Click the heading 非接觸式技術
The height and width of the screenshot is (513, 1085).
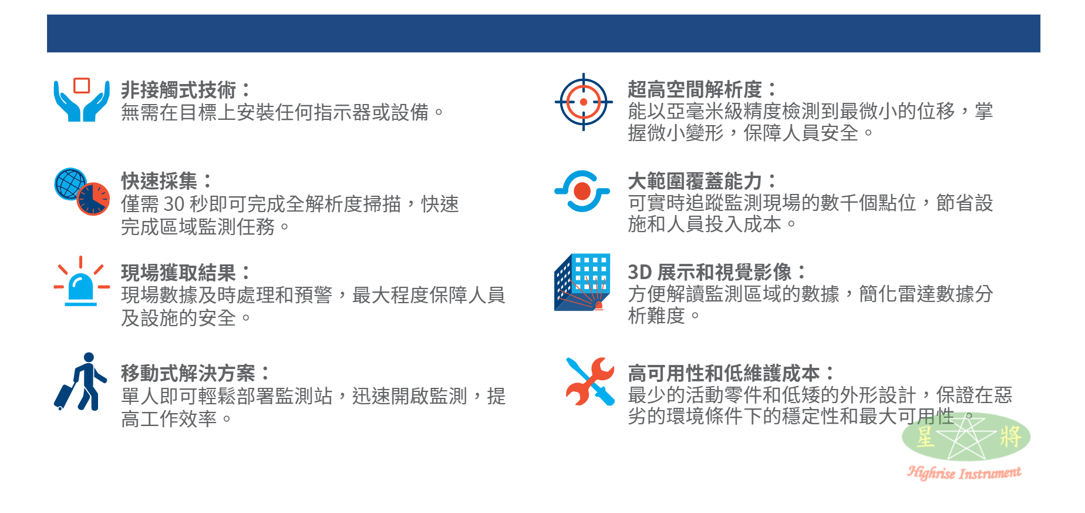[x=178, y=90]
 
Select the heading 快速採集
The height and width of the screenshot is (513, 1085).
[x=159, y=181]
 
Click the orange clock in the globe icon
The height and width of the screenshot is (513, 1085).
[x=93, y=199]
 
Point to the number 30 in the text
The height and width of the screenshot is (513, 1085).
[x=174, y=204]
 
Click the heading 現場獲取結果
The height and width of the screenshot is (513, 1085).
[x=178, y=273]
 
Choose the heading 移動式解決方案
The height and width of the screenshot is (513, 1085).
[x=188, y=373]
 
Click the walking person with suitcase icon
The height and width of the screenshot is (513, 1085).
[x=80, y=381]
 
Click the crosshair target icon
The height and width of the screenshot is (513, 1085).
[x=584, y=102]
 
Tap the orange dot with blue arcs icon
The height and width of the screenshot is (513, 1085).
[x=582, y=191]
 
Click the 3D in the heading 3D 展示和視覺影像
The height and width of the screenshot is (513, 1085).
[x=639, y=272]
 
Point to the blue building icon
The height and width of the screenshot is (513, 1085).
[x=582, y=282]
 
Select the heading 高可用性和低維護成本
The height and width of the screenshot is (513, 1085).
[x=723, y=373]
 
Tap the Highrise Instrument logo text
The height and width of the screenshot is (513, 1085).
[x=964, y=472]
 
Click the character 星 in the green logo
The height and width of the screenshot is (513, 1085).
[x=925, y=437]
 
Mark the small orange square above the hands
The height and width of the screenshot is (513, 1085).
[x=82, y=85]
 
